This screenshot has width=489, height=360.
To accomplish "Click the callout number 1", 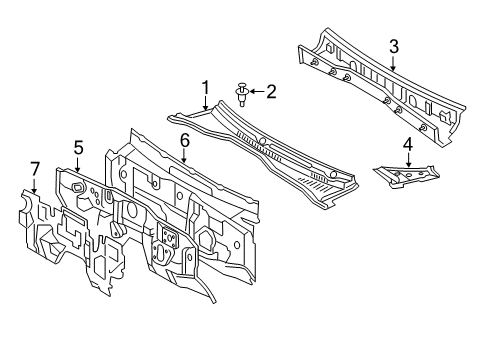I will click(x=205, y=88).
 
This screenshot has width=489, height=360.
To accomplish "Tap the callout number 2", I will click(x=269, y=91).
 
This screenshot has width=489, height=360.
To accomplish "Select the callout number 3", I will click(x=394, y=45).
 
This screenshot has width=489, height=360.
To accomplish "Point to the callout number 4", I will click(x=408, y=145).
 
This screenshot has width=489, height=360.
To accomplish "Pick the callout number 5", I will click(x=78, y=149).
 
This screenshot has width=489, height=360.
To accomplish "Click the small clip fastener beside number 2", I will click(x=242, y=93).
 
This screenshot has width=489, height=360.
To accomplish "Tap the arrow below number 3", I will click(x=393, y=63).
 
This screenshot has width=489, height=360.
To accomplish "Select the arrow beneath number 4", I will click(x=407, y=161).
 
